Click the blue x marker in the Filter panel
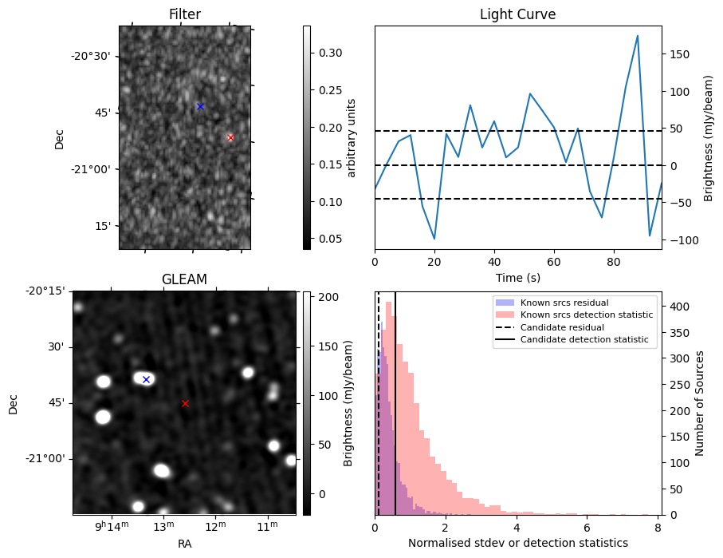pyautogui.click(x=200, y=106)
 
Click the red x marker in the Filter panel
pyautogui.click(x=230, y=137)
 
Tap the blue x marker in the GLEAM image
pyautogui.click(x=146, y=379)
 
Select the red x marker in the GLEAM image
pyautogui.click(x=185, y=403)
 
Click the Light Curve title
pyautogui.click(x=517, y=14)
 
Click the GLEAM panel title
pyautogui.click(x=184, y=279)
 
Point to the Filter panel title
pyautogui.click(x=184, y=14)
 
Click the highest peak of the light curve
pyautogui.click(x=638, y=36)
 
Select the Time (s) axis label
pyautogui.click(x=517, y=277)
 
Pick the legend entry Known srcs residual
pyautogui.click(x=564, y=303)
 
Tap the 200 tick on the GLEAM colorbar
pyautogui.click(x=328, y=297)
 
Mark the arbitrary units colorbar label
pyautogui.click(x=352, y=137)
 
